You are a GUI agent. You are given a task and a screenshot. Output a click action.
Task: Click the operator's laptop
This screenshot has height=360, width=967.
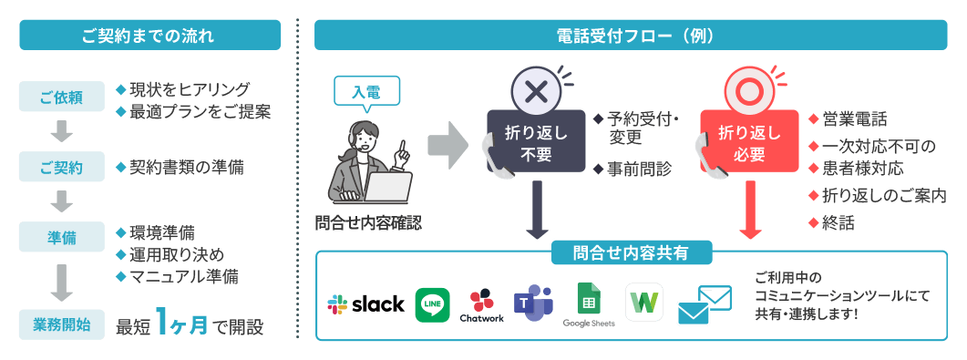click(x=386, y=187)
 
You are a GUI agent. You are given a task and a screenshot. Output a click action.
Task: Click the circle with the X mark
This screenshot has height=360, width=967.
click(x=536, y=91)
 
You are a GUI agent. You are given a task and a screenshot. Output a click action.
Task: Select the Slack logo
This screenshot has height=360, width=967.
click(x=365, y=304)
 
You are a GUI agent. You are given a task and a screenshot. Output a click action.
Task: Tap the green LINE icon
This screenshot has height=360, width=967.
click(x=432, y=304)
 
